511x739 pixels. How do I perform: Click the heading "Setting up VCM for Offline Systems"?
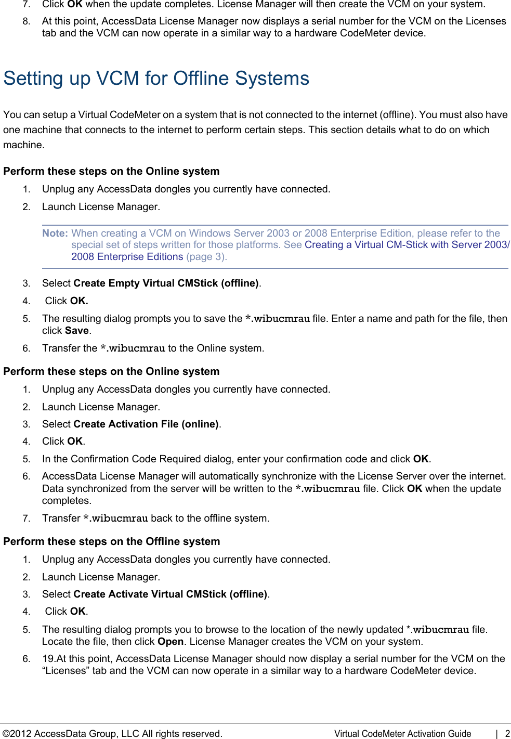156,79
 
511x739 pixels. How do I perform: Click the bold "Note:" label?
55,233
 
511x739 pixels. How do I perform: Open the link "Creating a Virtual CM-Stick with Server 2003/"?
407,244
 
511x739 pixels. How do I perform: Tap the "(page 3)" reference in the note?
206,256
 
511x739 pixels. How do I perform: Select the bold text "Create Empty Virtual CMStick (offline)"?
166,283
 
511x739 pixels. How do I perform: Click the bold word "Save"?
76,330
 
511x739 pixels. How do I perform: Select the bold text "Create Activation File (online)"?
146,424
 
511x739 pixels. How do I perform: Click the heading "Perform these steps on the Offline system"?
111,541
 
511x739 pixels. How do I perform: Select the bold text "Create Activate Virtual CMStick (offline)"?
171,594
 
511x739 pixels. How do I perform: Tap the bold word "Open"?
171,641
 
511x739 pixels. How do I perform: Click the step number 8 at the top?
26,21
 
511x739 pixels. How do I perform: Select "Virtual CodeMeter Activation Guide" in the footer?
402,733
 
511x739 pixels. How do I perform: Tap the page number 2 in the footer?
507,733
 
